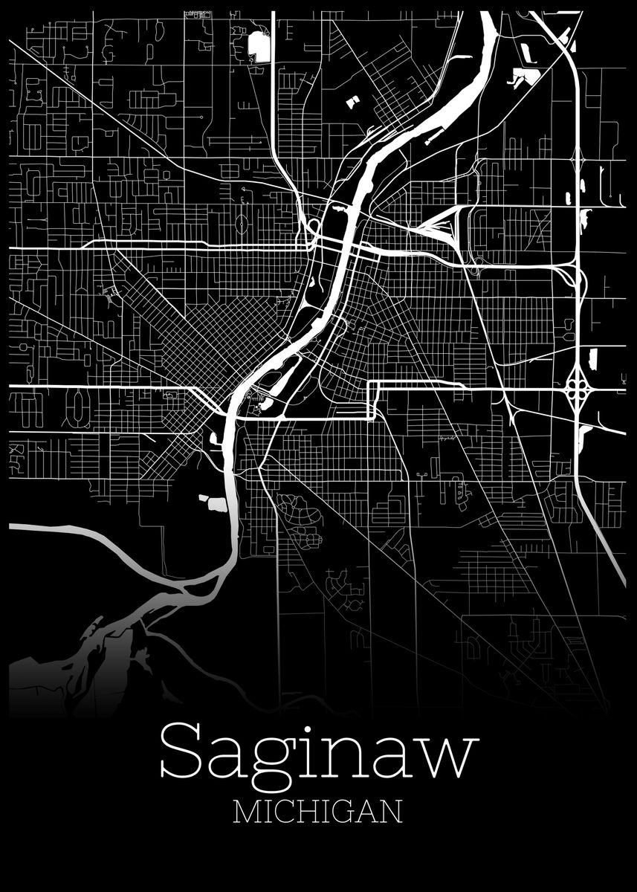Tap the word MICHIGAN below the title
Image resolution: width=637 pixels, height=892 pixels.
(318, 812)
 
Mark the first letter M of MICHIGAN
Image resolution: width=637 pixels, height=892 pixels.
(248, 812)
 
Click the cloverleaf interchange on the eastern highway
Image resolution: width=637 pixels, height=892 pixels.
(578, 387)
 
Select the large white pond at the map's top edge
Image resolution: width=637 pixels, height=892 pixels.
(259, 46)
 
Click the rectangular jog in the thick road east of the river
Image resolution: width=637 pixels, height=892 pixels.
(372, 401)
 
